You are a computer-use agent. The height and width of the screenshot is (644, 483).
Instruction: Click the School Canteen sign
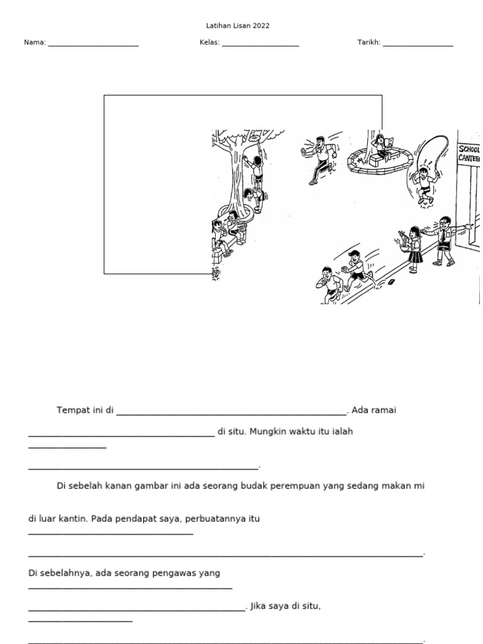(469, 153)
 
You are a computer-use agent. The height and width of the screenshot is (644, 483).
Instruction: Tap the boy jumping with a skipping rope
(426, 182)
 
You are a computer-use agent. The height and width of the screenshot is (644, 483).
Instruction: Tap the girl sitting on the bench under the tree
(233, 226)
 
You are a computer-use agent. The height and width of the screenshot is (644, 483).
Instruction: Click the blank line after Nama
(93, 45)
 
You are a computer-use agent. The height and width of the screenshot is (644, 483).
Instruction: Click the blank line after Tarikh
(418, 45)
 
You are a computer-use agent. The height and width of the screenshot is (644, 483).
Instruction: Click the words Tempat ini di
(85, 411)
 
